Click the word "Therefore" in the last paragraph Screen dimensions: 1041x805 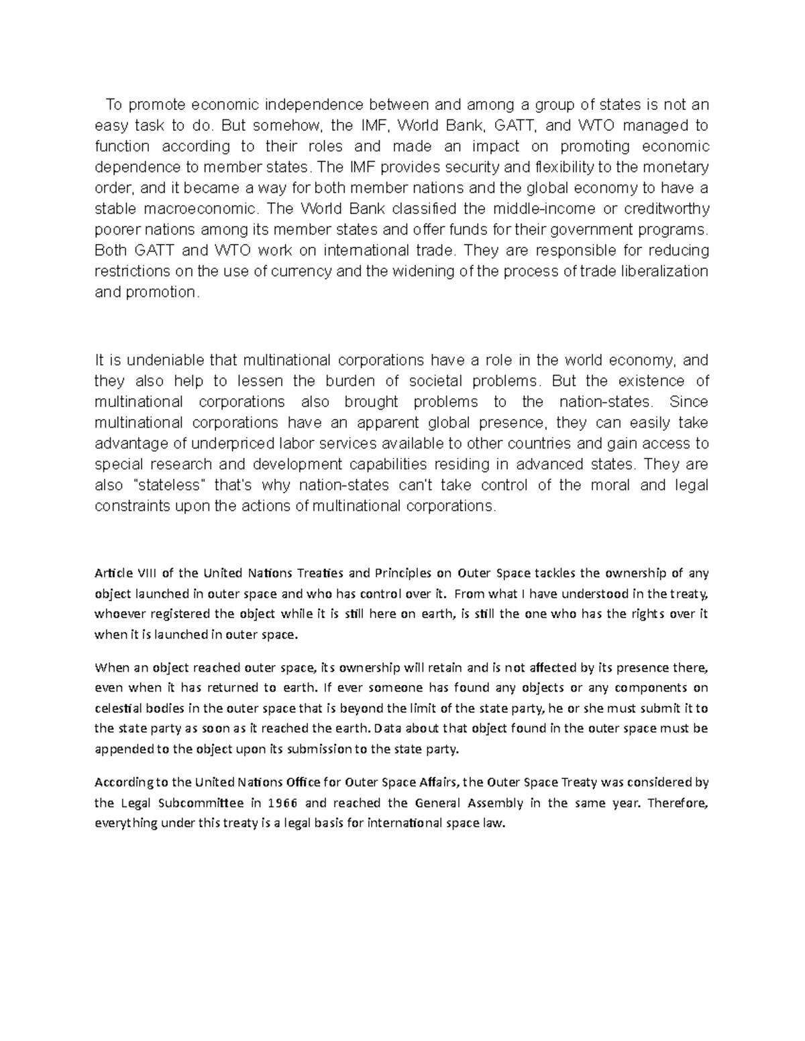(x=678, y=803)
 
